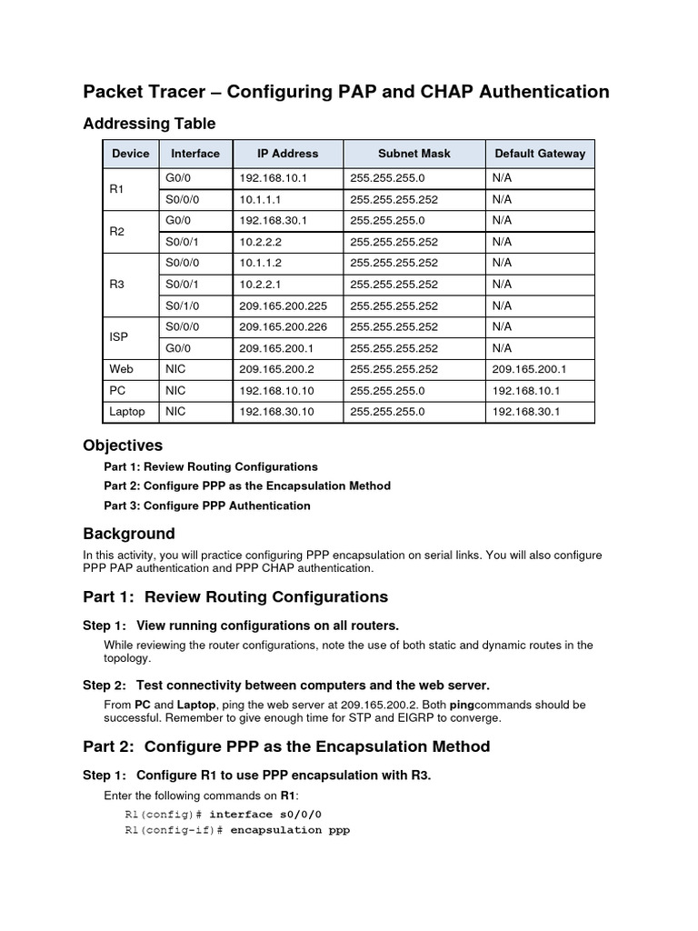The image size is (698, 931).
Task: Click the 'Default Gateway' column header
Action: pos(539,154)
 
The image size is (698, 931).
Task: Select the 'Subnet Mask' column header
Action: pos(414,154)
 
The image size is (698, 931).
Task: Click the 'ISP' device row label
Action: pos(119,337)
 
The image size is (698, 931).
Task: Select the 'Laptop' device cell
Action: pos(127,412)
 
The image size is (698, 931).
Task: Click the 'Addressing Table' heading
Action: pos(149,123)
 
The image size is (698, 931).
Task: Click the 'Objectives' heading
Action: pos(123,445)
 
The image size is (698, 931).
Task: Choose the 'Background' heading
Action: pos(128,534)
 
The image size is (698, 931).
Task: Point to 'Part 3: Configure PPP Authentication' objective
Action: pos(207,506)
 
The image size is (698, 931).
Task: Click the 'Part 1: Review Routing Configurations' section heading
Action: pos(235,597)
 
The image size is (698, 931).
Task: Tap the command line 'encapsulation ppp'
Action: pos(289,830)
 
